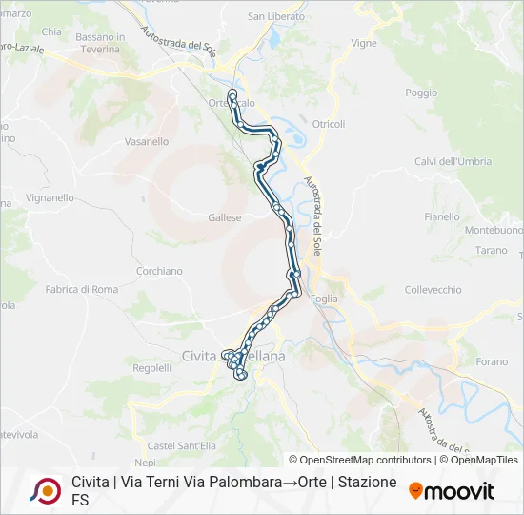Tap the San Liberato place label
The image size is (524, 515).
[276, 16]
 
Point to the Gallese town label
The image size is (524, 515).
[225, 217]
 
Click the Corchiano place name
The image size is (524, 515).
[159, 271]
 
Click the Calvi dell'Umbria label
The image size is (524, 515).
[453, 161]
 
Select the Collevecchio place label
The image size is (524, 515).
[433, 290]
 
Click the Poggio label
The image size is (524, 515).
[421, 93]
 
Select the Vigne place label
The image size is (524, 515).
[364, 43]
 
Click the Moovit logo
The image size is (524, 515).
[452, 490]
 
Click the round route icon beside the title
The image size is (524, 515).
[45, 490]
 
